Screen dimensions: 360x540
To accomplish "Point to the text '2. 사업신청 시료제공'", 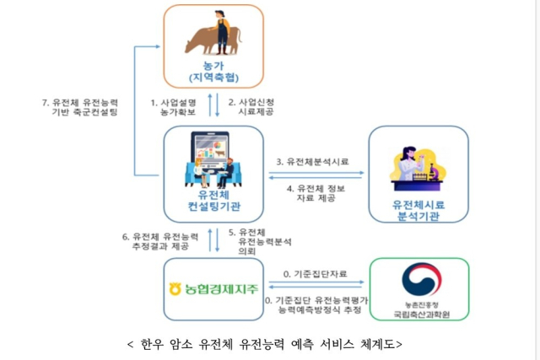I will (x=252, y=106).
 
